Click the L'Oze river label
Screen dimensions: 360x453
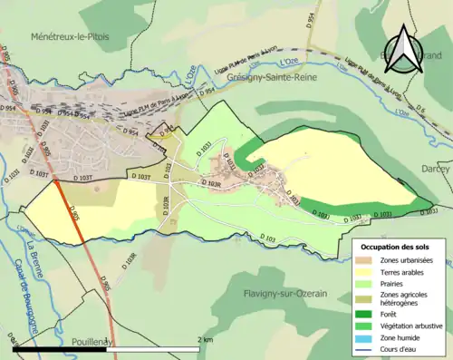coord(288,61)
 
